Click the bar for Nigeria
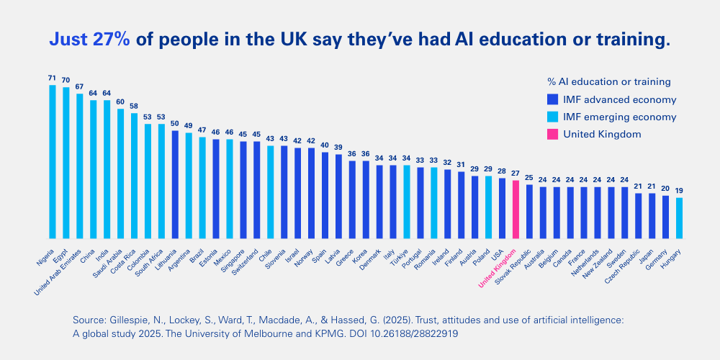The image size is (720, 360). (x=53, y=161)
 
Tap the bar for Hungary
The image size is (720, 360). (x=679, y=217)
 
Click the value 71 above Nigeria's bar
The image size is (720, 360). (x=52, y=78)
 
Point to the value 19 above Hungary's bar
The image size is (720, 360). (x=679, y=191)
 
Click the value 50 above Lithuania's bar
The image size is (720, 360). (x=175, y=123)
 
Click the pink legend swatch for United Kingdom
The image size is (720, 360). (x=552, y=134)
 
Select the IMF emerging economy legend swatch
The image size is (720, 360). (x=552, y=117)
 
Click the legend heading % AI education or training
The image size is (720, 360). (x=608, y=81)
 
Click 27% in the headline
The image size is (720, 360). (x=111, y=40)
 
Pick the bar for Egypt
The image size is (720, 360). (x=66, y=162)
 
